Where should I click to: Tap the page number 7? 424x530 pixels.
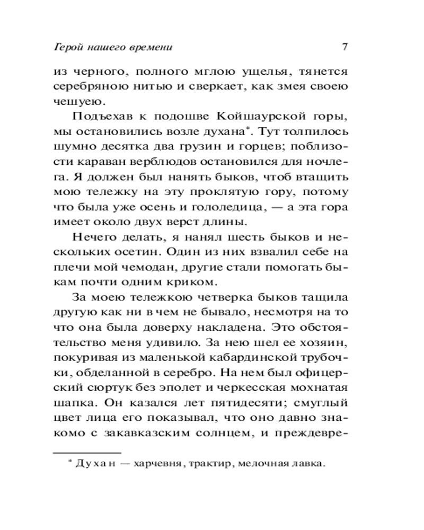(x=344, y=47)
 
